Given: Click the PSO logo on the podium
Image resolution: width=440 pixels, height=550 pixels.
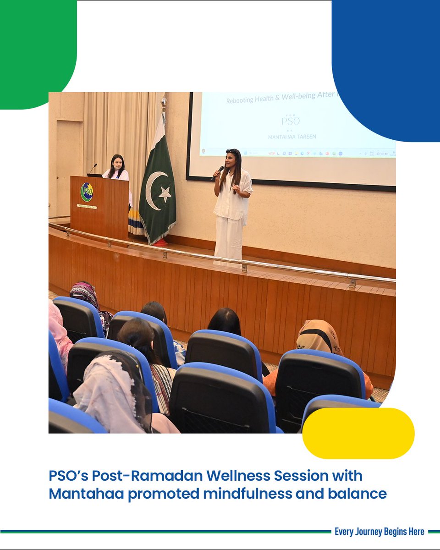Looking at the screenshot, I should coord(86,192).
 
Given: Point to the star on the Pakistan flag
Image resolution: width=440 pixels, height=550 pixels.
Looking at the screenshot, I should coord(164,194).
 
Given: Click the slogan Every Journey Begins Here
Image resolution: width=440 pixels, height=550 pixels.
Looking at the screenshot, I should coord(379,532).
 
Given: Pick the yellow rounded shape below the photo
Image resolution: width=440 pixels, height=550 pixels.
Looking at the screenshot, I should coord(358,433).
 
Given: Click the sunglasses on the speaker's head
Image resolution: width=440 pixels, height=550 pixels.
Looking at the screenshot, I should coord(232,151).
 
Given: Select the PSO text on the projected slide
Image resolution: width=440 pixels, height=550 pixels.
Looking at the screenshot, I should coord(290,121).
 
